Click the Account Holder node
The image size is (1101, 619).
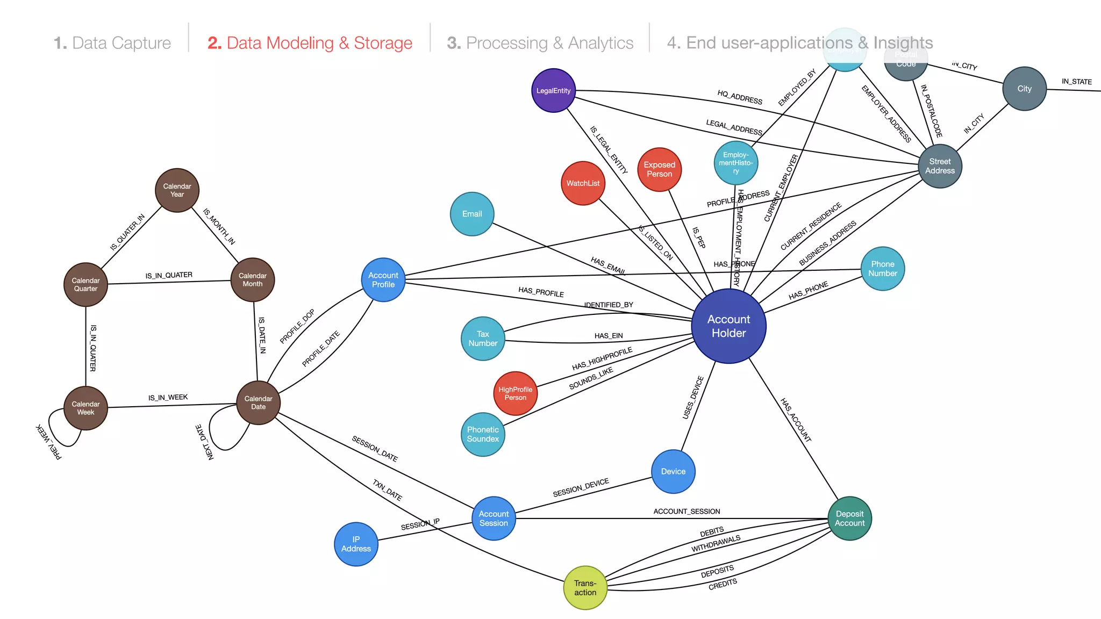728,326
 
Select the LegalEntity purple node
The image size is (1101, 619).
553,90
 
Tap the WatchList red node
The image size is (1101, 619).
583,183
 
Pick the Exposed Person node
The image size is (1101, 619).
659,169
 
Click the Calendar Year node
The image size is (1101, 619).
177,190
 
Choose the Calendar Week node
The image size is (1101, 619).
85,408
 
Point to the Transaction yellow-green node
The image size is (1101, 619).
585,587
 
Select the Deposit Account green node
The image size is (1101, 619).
849,518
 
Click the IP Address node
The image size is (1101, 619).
356,544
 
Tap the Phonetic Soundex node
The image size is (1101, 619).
483,434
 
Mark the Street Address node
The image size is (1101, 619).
940,166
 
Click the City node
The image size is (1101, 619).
1024,89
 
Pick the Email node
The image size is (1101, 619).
472,214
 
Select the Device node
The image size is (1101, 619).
673,471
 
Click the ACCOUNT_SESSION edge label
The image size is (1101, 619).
687,511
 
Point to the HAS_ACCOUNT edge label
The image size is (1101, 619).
796,420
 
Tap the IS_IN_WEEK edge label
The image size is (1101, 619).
168,398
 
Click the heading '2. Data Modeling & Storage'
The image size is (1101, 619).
310,43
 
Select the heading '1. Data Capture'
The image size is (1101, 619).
112,43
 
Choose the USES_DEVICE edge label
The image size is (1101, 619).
693,398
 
